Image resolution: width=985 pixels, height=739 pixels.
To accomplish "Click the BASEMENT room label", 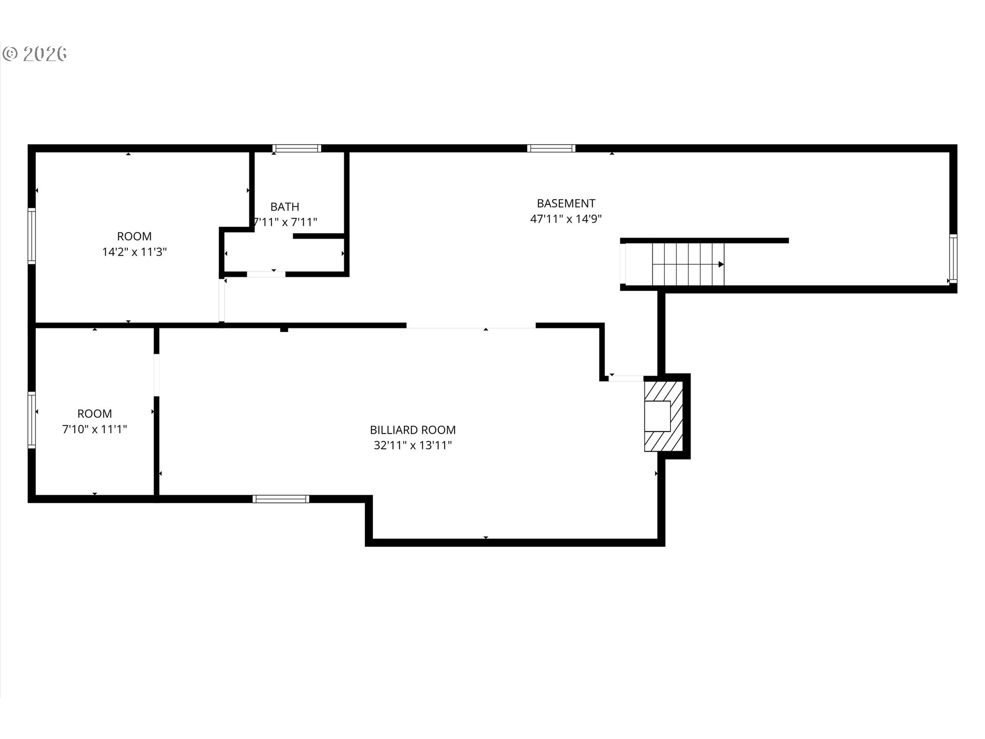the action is [x=566, y=203].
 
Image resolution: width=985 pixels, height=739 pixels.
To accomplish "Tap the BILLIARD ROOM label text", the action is [x=413, y=430].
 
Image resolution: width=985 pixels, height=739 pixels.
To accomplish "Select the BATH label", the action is [x=285, y=207].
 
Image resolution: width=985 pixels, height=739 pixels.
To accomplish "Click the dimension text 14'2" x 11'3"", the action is [x=134, y=252].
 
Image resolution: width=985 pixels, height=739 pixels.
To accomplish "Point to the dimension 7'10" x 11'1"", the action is [x=94, y=429].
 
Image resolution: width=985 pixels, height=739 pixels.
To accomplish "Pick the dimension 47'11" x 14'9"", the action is [x=566, y=219].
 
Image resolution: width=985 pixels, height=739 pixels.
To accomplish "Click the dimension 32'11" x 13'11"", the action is [x=413, y=445].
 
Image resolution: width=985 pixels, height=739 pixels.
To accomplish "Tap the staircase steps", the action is [x=688, y=264].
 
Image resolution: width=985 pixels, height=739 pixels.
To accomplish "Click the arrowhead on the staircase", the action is [x=721, y=264].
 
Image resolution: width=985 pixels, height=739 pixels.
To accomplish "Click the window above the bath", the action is [x=297, y=148].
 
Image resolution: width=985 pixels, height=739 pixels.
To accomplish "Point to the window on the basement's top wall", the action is [x=551, y=148].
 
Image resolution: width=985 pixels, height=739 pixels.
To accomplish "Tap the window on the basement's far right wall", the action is [x=953, y=259].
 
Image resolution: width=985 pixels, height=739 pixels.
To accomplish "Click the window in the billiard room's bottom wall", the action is [x=281, y=499].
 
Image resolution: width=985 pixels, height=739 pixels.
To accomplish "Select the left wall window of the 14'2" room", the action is [x=32, y=236].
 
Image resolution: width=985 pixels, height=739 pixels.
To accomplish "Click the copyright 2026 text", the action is [x=35, y=54].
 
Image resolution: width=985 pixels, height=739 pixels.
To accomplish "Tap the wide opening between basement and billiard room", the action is [x=471, y=325].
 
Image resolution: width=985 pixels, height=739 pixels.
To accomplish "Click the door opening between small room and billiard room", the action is [x=156, y=375].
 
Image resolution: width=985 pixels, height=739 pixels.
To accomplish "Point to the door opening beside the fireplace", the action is [x=626, y=378].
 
